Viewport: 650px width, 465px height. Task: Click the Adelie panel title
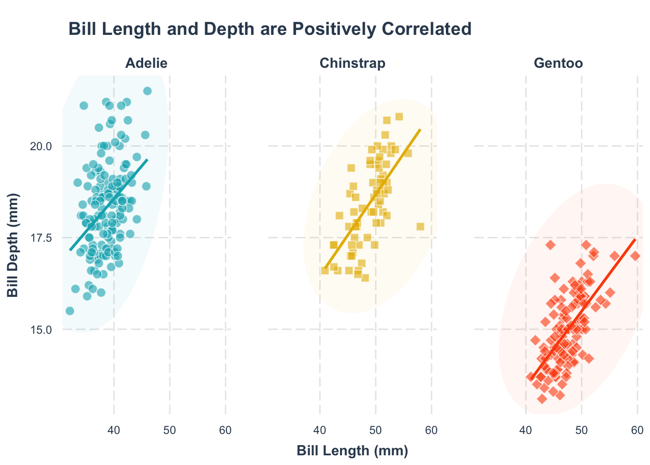146,63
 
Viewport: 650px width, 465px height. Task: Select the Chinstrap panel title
353,63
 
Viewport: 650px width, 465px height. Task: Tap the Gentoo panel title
558,63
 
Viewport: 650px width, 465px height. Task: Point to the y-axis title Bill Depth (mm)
13,245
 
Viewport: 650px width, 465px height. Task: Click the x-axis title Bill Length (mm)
353,451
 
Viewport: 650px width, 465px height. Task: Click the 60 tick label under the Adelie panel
225,430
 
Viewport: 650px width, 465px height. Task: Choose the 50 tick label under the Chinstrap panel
376,430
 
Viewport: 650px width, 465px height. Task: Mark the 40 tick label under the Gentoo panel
526,430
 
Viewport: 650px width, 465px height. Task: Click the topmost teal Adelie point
148,91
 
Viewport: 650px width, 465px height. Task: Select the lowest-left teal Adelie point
70,310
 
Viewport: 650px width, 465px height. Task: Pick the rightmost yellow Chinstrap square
420,227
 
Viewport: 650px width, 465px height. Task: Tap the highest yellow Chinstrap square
399,117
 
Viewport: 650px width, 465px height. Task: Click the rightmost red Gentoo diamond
635,256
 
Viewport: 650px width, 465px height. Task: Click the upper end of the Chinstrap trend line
420,130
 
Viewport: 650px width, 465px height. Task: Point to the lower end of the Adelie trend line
70,250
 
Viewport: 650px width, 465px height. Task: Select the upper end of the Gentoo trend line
635,239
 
